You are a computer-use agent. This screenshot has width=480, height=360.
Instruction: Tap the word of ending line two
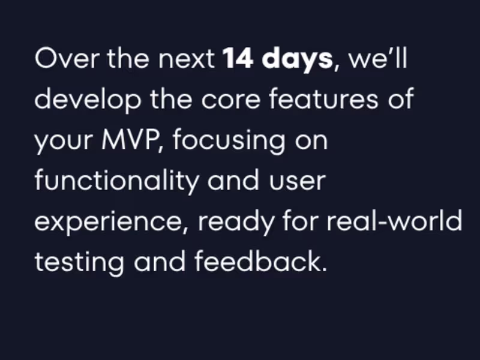pos(400,100)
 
